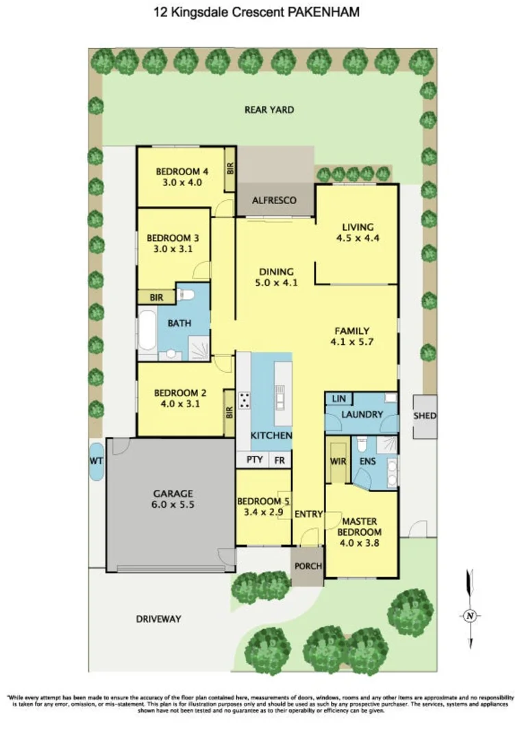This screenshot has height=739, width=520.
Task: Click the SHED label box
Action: tap(425, 416)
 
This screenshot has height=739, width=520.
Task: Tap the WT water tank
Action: tap(96, 462)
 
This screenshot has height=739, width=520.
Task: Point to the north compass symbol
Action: tap(469, 614)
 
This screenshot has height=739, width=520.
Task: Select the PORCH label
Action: tap(306, 567)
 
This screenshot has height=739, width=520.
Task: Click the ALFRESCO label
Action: tap(274, 200)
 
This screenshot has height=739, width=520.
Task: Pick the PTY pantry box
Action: tap(254, 461)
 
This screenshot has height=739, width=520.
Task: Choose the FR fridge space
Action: tap(280, 461)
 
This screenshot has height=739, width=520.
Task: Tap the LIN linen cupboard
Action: tap(338, 399)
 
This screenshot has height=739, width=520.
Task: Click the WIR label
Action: tap(338, 462)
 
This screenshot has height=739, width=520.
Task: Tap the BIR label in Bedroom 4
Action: tap(231, 168)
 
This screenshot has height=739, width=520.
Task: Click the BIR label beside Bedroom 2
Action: tap(230, 413)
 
